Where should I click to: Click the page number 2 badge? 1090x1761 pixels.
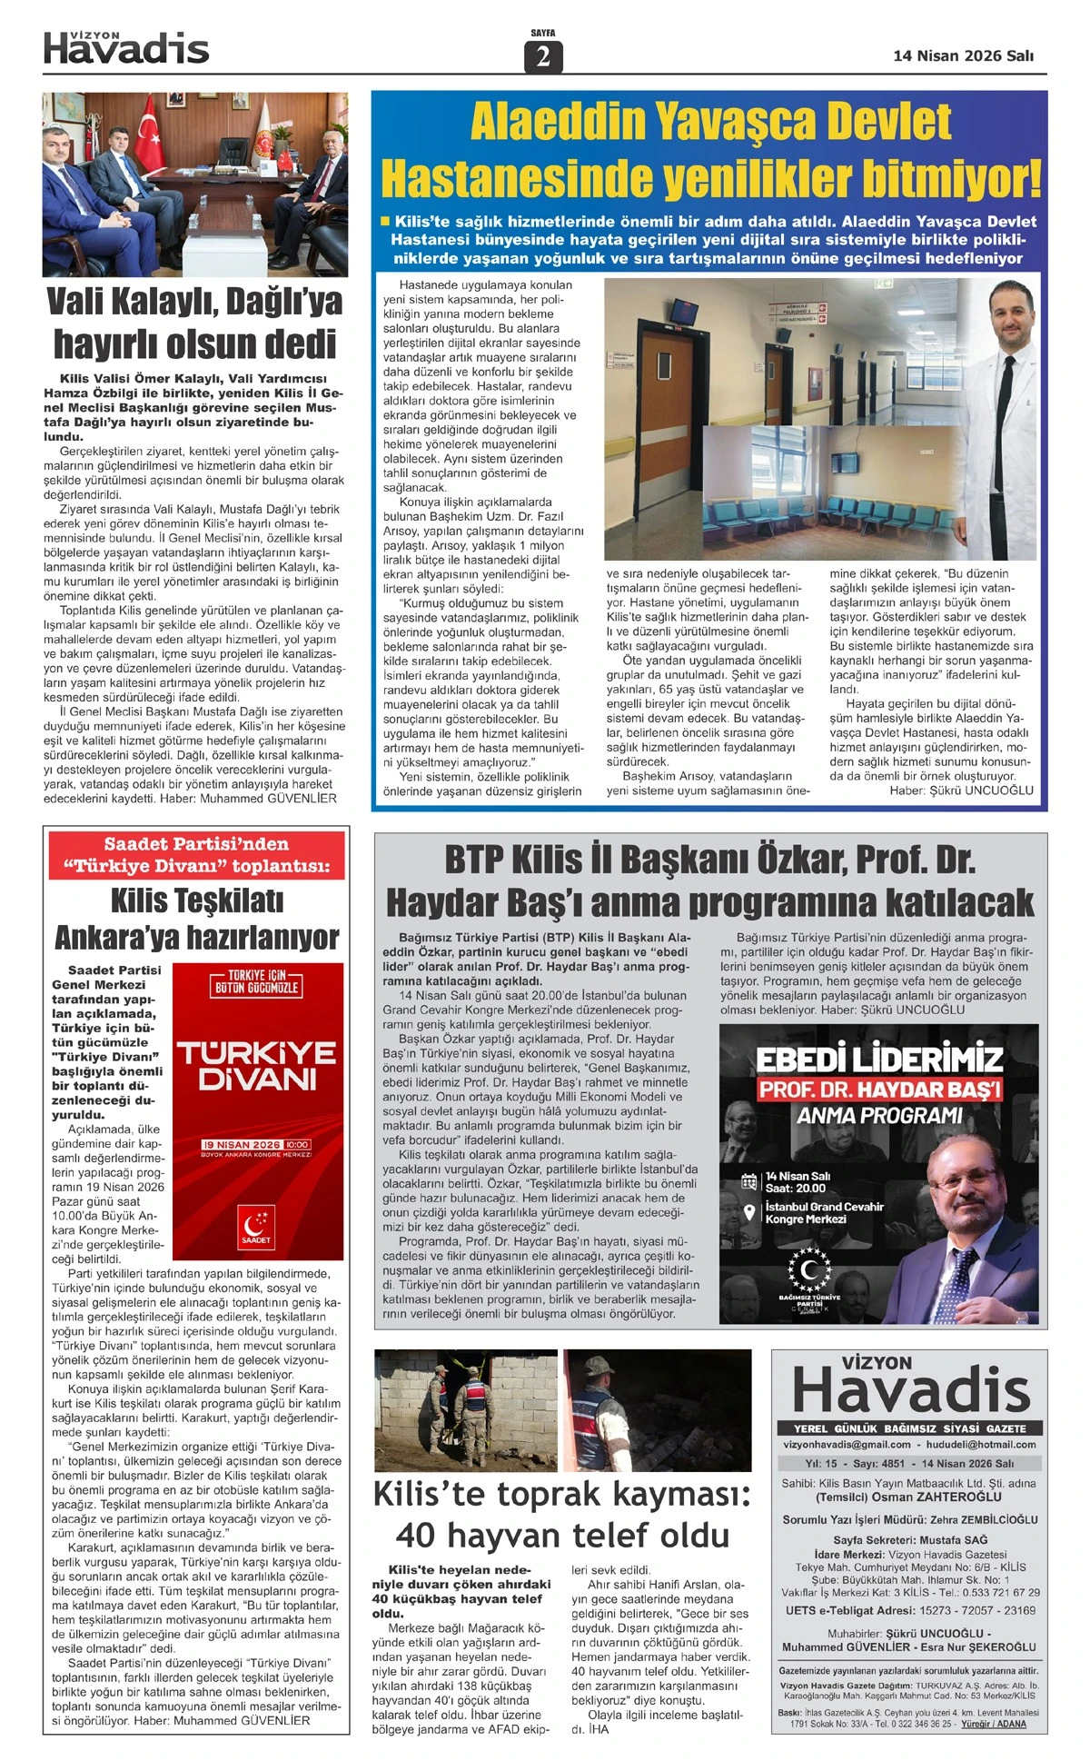click(543, 56)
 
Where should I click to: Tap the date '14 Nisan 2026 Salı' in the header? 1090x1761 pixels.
click(963, 55)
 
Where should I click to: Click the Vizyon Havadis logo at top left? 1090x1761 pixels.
click(126, 48)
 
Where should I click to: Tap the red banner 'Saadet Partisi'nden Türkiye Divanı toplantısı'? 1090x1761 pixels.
click(197, 855)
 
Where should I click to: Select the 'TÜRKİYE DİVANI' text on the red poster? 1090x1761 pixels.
click(256, 1067)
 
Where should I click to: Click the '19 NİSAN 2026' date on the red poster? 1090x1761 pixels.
click(242, 1144)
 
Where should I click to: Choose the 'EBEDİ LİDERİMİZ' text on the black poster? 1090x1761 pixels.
click(879, 1060)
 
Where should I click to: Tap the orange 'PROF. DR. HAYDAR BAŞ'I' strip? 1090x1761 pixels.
click(879, 1089)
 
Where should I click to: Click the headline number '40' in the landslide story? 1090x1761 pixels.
click(416, 1536)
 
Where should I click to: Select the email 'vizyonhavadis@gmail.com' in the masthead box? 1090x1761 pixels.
click(847, 1444)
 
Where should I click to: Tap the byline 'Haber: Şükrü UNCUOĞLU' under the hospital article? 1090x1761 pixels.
click(961, 790)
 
